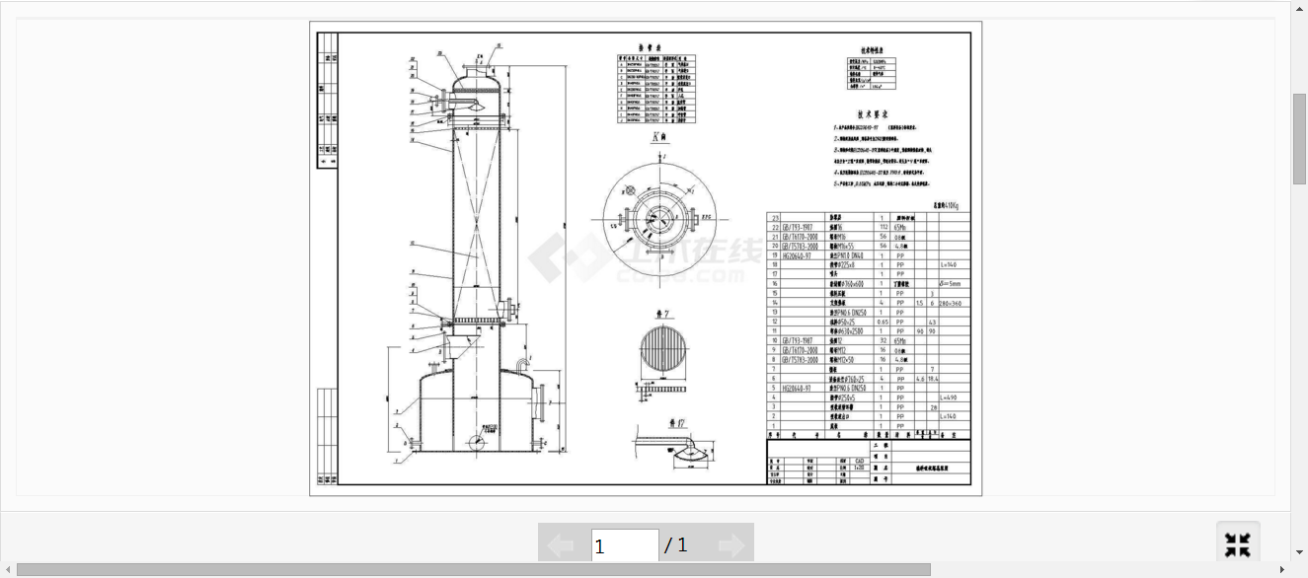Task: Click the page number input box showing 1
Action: point(624,545)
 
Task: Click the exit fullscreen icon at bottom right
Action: point(1238,544)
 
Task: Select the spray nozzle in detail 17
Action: point(689,455)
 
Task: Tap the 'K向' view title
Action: point(659,139)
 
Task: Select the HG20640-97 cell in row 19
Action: point(797,255)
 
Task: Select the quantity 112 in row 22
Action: point(884,227)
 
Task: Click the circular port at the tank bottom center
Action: point(477,441)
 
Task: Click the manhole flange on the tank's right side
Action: point(541,399)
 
